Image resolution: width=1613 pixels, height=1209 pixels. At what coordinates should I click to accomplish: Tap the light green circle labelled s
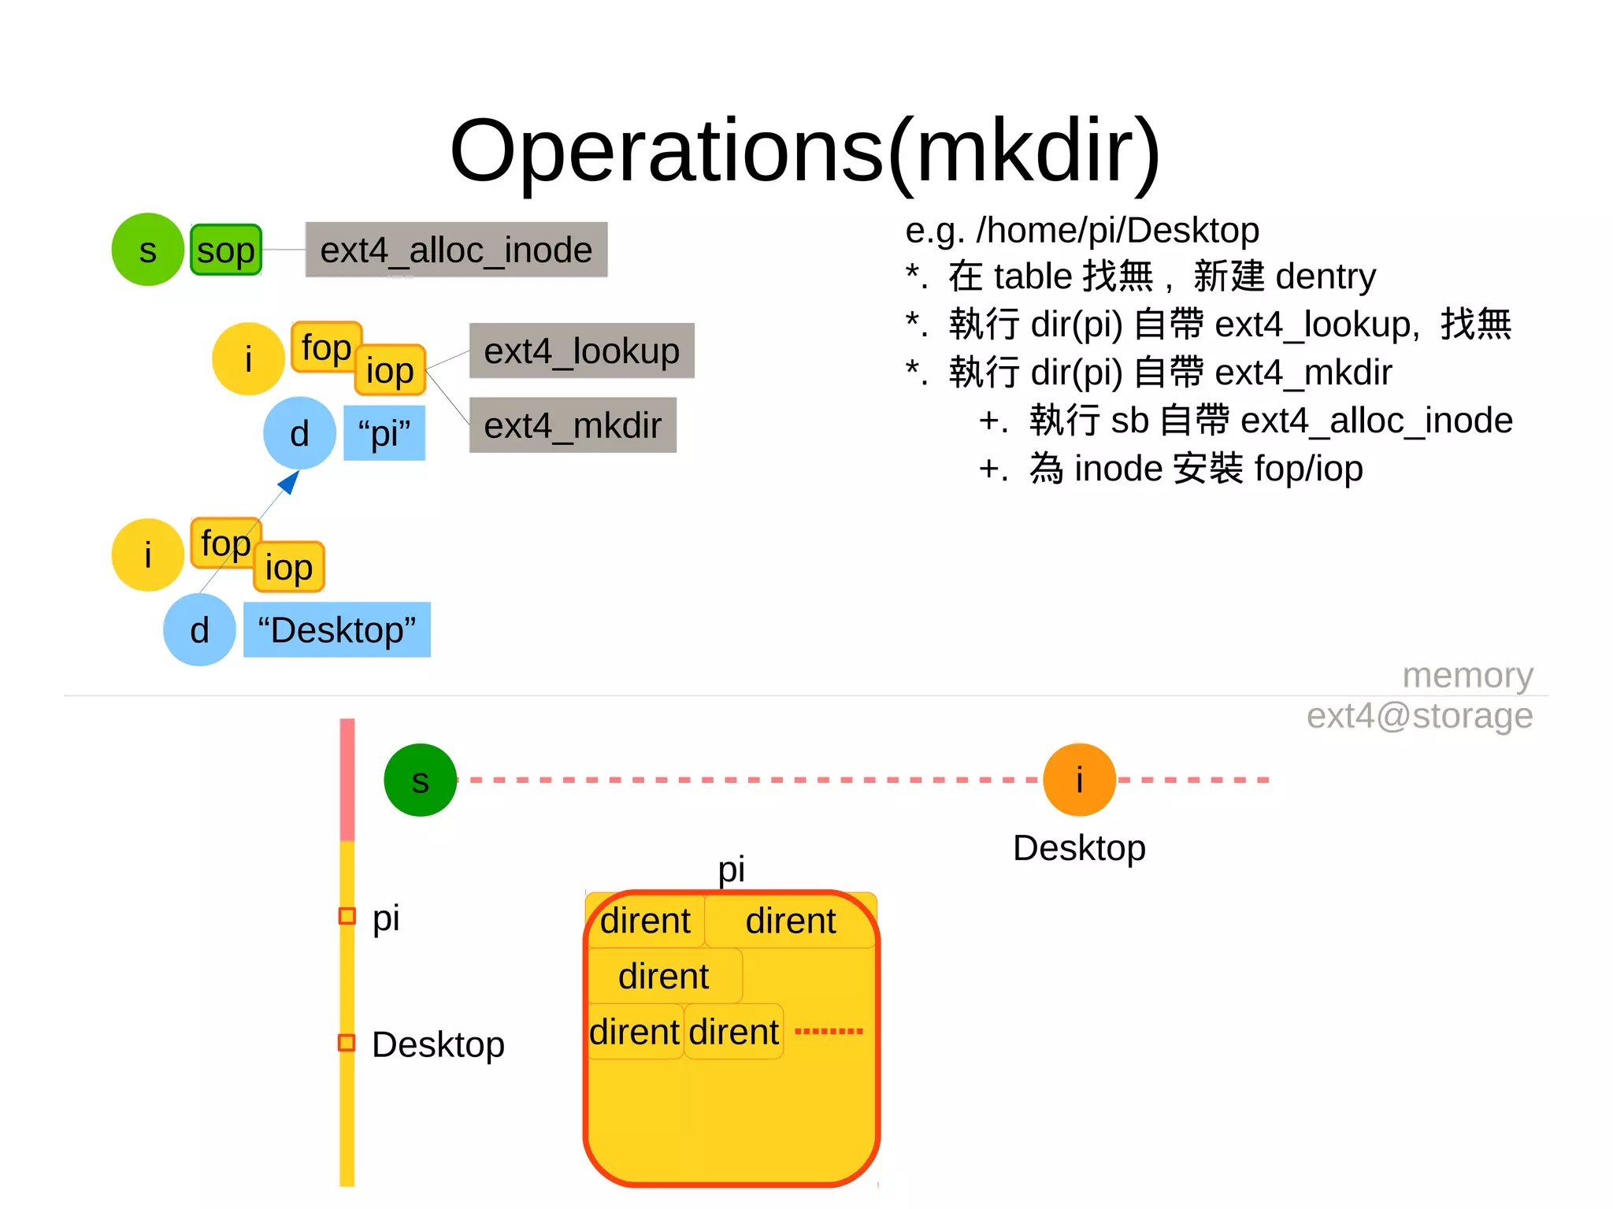click(x=147, y=250)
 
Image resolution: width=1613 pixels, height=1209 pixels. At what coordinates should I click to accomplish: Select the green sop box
click(x=226, y=250)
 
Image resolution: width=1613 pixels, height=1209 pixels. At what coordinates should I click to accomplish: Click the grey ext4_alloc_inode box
click(x=456, y=250)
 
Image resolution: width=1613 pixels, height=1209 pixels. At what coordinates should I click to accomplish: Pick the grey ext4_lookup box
click(x=581, y=350)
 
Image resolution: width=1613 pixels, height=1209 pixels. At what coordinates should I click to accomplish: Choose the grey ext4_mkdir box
click(x=573, y=425)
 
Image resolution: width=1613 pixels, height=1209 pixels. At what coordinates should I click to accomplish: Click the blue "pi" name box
click(x=384, y=433)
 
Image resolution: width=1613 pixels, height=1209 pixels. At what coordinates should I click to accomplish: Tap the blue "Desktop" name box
click(x=337, y=629)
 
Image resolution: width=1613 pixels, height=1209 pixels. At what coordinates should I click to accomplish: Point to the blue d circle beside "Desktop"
click(x=199, y=630)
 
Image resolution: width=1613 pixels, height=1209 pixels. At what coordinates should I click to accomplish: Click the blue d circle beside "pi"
click(x=299, y=433)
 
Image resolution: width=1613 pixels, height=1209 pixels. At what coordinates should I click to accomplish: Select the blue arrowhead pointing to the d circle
click(x=290, y=481)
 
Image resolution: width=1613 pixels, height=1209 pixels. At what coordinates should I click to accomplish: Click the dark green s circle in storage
click(x=420, y=780)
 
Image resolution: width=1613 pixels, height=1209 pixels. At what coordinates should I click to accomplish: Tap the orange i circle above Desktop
click(x=1079, y=780)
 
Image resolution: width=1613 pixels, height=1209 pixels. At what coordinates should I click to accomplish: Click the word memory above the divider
click(x=1467, y=675)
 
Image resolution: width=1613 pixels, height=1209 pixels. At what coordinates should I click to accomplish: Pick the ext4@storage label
click(x=1419, y=715)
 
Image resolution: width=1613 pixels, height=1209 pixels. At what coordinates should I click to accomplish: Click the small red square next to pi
click(x=347, y=916)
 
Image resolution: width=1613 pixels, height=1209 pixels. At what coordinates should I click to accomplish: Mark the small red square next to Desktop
click(x=347, y=1043)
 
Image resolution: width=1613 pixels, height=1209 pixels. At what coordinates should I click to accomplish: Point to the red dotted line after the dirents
click(x=829, y=1031)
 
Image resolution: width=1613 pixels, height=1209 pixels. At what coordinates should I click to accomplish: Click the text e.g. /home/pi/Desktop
click(x=1082, y=230)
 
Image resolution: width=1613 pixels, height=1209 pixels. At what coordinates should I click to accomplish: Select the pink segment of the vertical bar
click(x=347, y=780)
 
